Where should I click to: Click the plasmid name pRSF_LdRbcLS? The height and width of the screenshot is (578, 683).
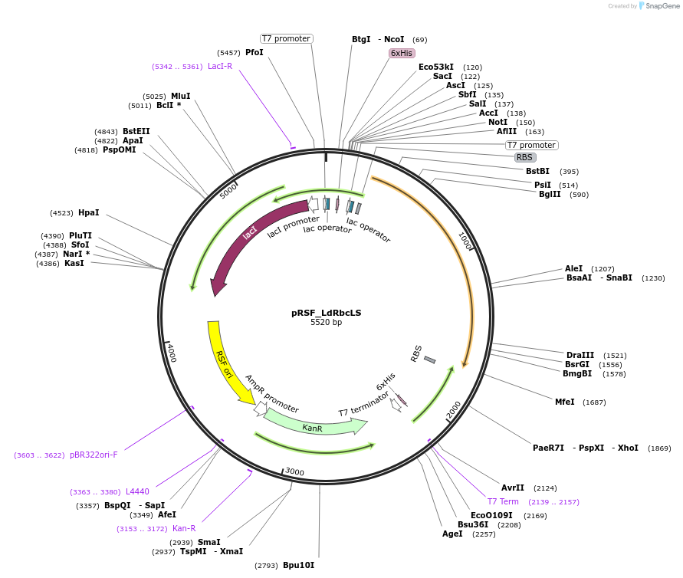pyautogui.click(x=326, y=313)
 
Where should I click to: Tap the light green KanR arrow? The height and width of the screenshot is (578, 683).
pyautogui.click(x=313, y=425)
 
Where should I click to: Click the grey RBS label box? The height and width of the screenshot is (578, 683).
pyautogui.click(x=524, y=157)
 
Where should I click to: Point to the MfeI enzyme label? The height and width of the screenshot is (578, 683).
pyautogui.click(x=564, y=402)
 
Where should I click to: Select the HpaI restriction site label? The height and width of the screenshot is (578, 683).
pyautogui.click(x=88, y=212)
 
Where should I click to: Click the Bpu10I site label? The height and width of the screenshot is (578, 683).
pyautogui.click(x=298, y=566)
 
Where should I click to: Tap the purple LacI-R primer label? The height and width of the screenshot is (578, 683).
pyautogui.click(x=220, y=66)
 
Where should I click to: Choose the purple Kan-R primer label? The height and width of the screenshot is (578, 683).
pyautogui.click(x=184, y=528)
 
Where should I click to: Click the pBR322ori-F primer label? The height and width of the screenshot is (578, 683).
pyautogui.click(x=94, y=455)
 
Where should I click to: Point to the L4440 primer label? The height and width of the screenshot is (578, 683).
pyautogui.click(x=137, y=491)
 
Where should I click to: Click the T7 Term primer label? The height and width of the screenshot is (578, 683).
pyautogui.click(x=503, y=501)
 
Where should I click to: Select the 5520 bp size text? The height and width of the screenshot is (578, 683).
pyautogui.click(x=326, y=323)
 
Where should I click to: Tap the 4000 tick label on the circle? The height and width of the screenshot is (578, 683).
pyautogui.click(x=172, y=353)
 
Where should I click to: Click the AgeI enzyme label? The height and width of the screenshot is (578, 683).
pyautogui.click(x=452, y=534)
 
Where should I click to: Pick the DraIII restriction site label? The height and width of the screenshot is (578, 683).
pyautogui.click(x=580, y=355)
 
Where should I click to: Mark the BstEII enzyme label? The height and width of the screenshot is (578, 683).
pyautogui.click(x=136, y=131)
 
